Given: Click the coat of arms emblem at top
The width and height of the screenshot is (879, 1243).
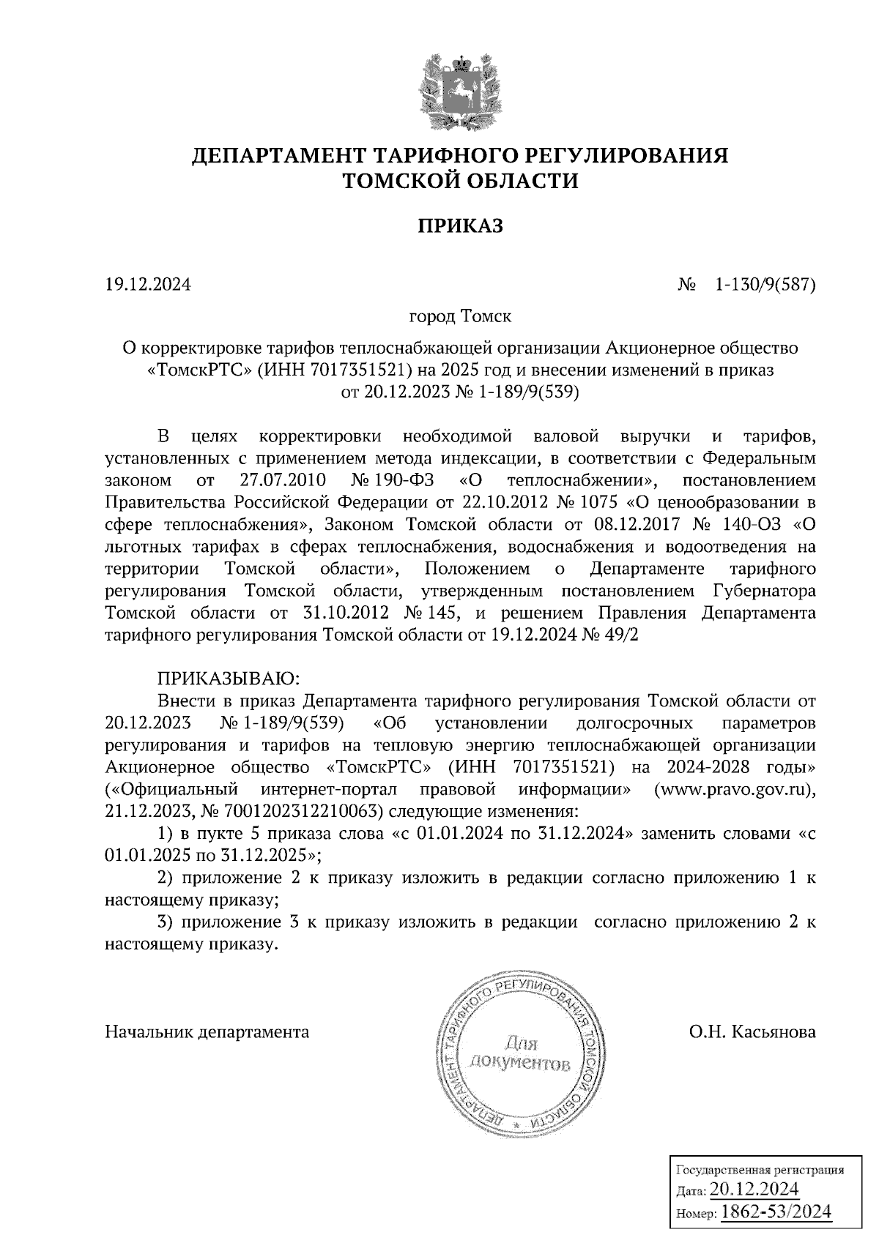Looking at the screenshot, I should (460, 92).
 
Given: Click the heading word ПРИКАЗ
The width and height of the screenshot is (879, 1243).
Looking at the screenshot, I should (460, 226).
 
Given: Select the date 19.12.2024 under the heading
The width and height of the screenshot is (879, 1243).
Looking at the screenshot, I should (148, 284).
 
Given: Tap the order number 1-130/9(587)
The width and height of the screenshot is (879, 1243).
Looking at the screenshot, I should (765, 284).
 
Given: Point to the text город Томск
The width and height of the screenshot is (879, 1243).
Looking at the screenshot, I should (460, 317).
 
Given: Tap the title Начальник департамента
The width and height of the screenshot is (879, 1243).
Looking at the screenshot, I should (207, 1032).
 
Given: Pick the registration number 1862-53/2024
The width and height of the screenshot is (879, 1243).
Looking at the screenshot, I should (776, 1212).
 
